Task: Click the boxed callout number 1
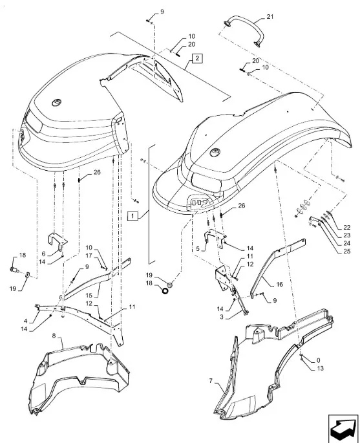pos(132,216)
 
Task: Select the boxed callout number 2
pos(197,58)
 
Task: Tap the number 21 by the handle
pos(270,17)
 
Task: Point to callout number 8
pos(54,336)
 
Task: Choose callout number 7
pos(211,380)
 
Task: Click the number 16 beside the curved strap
pos(279,284)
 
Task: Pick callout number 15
pos(89,296)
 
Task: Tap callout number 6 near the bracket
pos(43,254)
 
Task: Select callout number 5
pos(198,249)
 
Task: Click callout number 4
pos(25,321)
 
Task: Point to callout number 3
pos(222,317)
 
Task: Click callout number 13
pos(320,369)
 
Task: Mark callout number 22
pos(346,227)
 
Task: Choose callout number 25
pos(346,251)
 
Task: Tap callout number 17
pos(89,255)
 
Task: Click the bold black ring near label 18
pos(165,290)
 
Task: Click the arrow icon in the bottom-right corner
pos(343,429)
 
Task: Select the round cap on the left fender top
pos(57,102)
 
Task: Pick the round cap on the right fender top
pos(215,152)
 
